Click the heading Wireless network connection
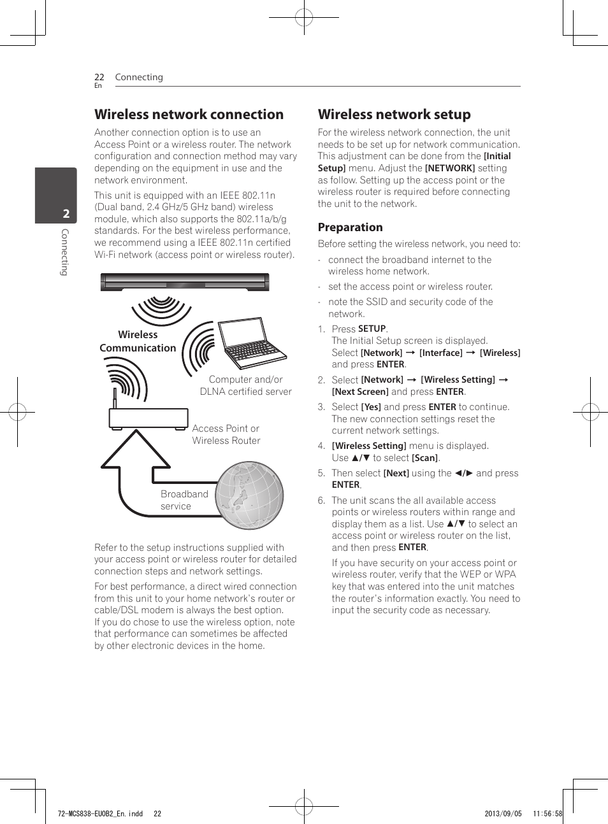pos(189,115)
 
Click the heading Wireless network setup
pos(394,115)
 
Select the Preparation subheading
pos(350,227)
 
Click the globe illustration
pos(249,495)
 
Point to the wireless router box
pos(148,418)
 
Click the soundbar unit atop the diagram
pos(185,281)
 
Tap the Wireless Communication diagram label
pos(138,341)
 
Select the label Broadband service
pos(184,500)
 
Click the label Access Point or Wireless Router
pos(226,434)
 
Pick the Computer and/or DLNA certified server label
pos(245,385)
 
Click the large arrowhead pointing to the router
pos(135,450)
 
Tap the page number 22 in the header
pos(99,77)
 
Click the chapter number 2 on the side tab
pos(66,214)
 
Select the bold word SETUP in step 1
pos(372,329)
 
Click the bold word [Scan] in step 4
pos(424,458)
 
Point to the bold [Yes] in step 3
pos(371,407)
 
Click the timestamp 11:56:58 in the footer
pos(547,813)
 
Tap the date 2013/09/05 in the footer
pos(503,813)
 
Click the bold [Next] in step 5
pos(396,473)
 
